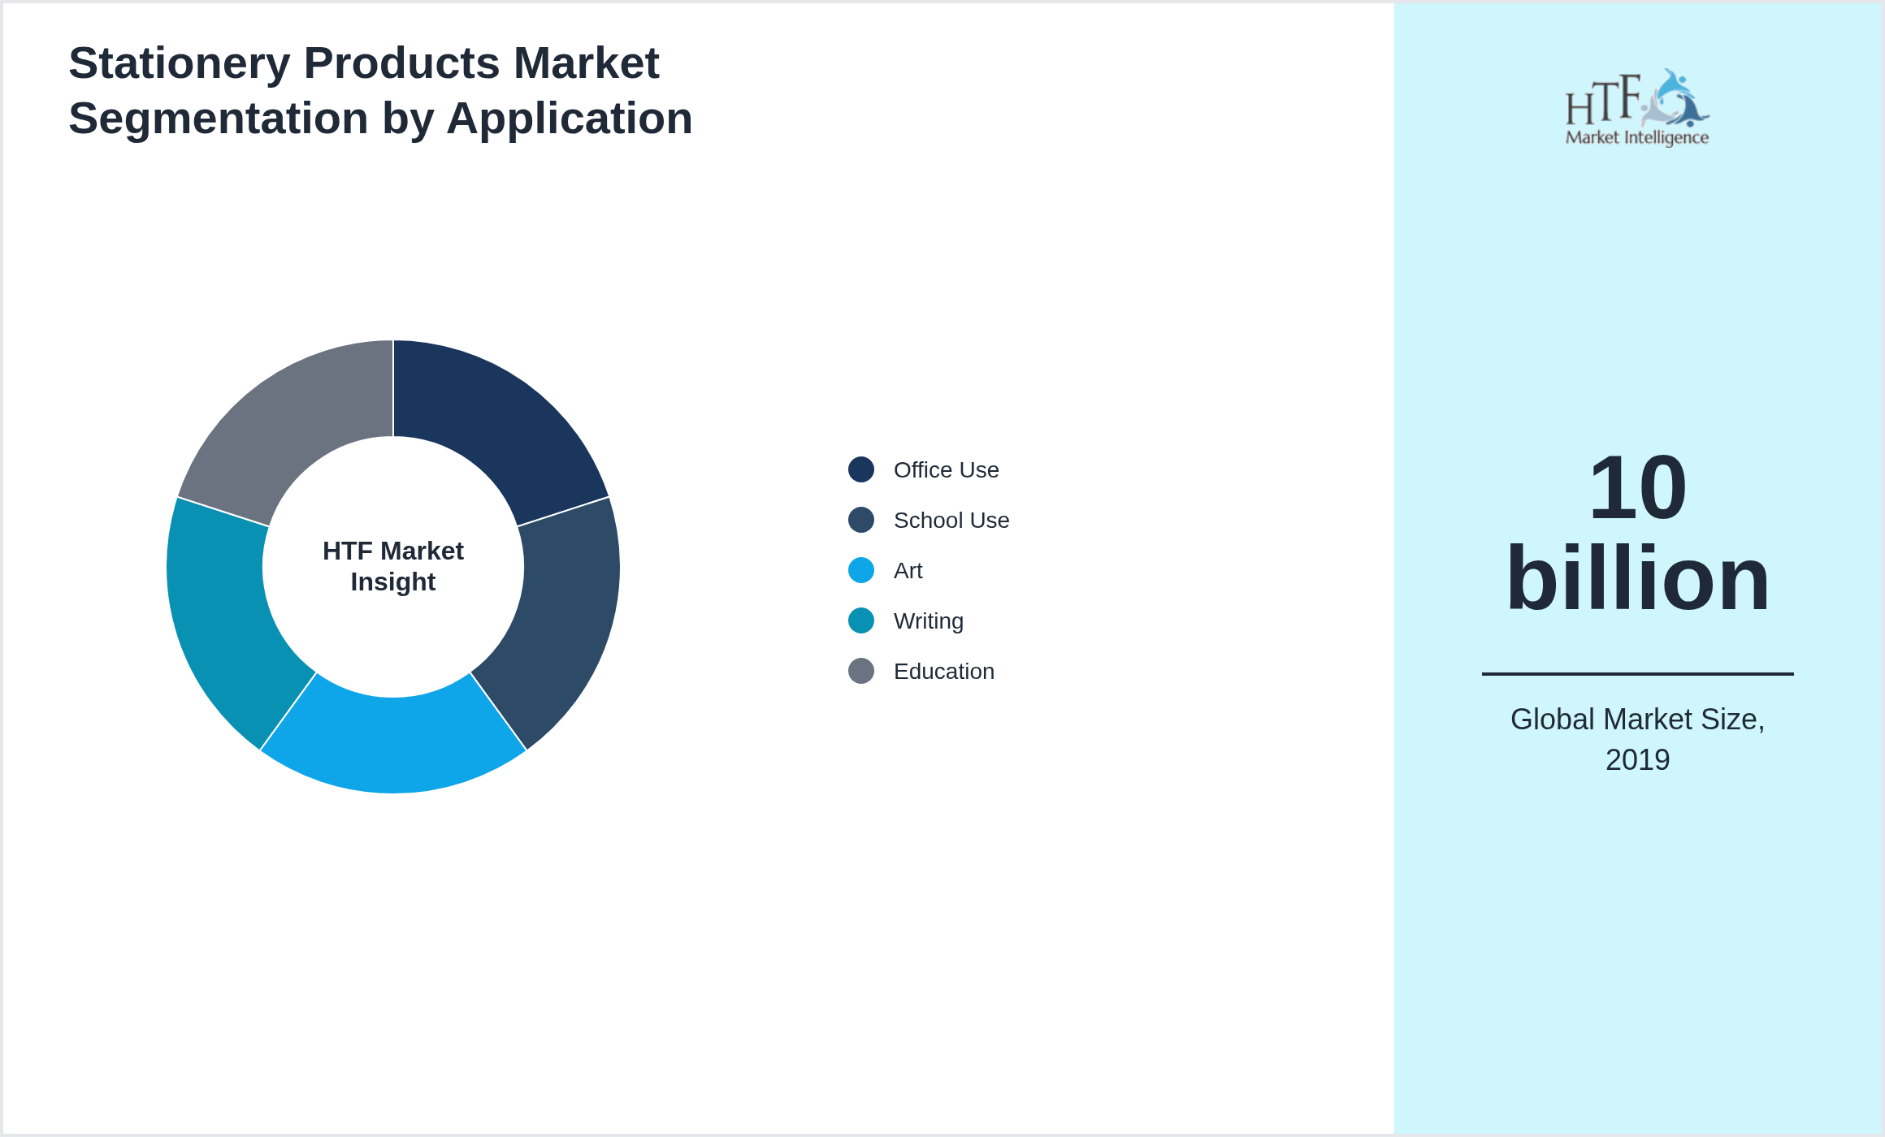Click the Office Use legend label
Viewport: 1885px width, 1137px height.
(946, 470)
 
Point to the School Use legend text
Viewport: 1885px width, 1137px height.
(951, 521)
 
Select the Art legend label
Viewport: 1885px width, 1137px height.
(908, 571)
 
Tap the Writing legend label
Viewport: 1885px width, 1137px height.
(928, 621)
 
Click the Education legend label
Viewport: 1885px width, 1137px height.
(943, 672)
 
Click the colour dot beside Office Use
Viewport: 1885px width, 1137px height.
(861, 469)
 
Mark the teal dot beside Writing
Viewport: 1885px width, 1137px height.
(861, 620)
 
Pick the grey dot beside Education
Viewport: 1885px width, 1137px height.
(861, 671)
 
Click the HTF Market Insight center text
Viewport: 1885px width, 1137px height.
(393, 566)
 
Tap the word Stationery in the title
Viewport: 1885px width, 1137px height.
(179, 63)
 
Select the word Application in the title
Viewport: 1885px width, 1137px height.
(569, 119)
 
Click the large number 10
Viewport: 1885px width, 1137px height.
(1637, 488)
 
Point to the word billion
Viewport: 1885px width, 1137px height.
(1637, 579)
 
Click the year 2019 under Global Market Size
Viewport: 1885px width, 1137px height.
(1637, 760)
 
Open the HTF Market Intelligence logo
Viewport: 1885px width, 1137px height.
(1637, 108)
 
